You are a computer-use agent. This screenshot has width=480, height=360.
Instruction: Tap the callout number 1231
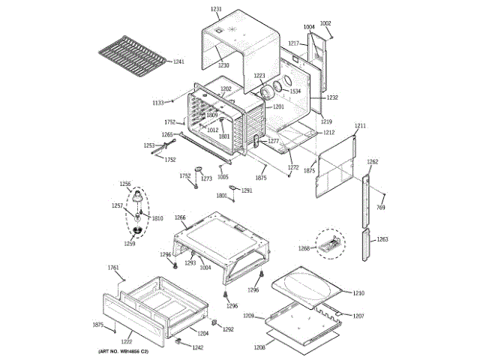click(x=216, y=9)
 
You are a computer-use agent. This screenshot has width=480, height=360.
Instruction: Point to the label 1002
click(x=325, y=23)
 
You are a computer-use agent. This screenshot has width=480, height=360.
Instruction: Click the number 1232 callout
click(x=332, y=97)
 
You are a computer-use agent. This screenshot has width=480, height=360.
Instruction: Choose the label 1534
click(x=295, y=91)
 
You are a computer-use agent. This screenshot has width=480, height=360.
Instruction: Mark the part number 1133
click(x=158, y=102)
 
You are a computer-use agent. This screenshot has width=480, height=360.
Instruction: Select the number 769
click(x=380, y=207)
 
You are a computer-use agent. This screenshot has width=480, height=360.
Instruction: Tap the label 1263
click(x=382, y=239)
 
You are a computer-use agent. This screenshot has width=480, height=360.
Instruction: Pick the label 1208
click(x=259, y=348)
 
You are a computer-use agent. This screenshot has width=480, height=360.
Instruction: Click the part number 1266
click(x=180, y=218)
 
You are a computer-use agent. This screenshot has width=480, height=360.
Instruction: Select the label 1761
click(x=113, y=268)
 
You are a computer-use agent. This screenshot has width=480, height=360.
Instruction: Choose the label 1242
click(x=197, y=347)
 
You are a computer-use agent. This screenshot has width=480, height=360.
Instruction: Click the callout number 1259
click(x=130, y=243)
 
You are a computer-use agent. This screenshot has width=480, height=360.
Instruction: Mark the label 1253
click(x=149, y=145)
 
